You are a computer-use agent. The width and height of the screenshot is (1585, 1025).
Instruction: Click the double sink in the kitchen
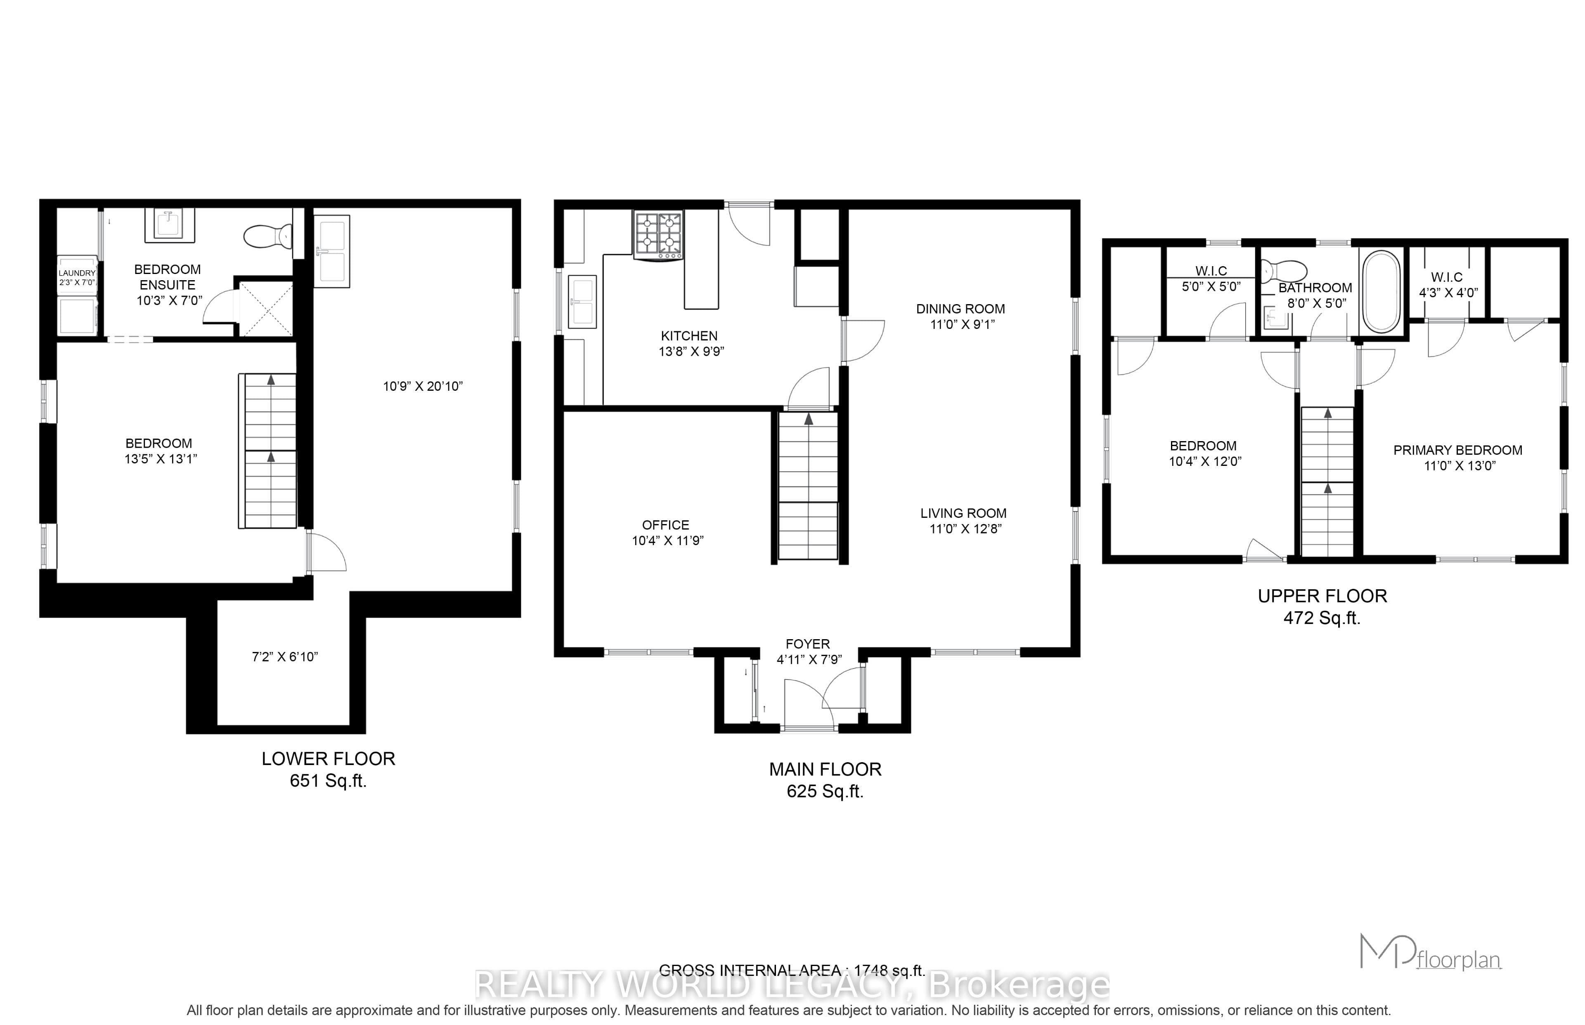(582, 302)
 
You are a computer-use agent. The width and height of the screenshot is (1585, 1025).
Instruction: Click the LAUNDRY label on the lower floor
(77, 273)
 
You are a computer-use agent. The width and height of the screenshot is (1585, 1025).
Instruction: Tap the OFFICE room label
(666, 525)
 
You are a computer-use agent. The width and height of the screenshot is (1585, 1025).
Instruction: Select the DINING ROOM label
(960, 309)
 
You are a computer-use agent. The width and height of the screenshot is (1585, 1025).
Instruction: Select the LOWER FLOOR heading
(328, 759)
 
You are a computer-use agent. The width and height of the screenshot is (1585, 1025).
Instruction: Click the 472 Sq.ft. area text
(1322, 618)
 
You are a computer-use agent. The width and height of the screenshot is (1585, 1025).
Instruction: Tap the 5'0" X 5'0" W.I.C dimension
(1211, 287)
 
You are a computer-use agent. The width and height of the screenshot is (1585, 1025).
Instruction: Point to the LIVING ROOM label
(963, 513)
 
